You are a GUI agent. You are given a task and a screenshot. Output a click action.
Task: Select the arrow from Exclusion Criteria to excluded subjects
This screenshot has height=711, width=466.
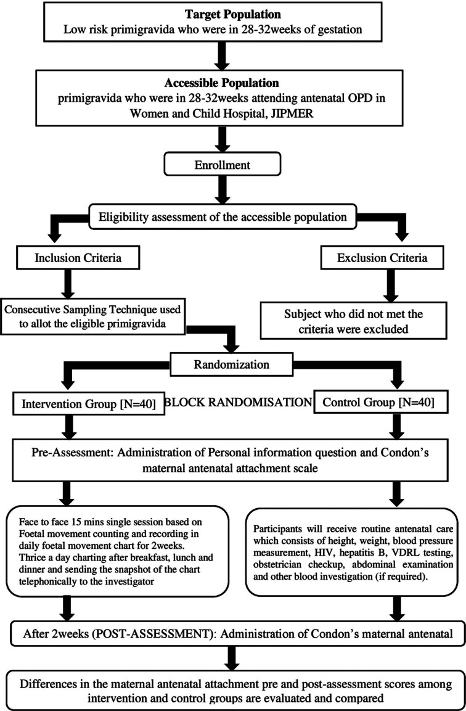point(388,285)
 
